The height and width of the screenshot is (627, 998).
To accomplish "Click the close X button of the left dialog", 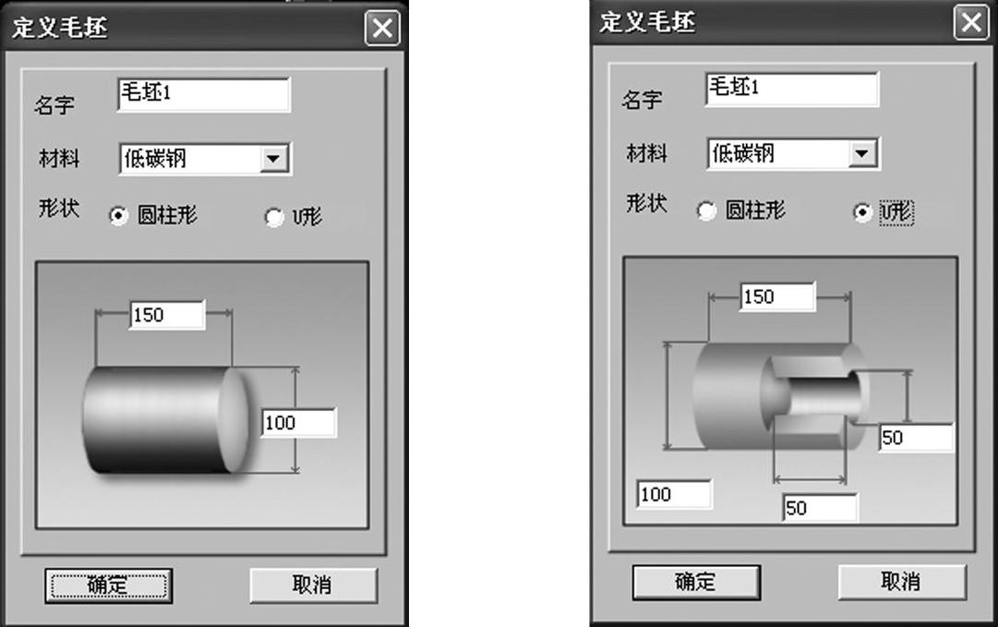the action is click(x=382, y=28).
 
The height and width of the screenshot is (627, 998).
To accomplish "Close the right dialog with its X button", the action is click(x=970, y=23).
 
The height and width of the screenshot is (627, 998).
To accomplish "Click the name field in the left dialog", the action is click(x=204, y=94).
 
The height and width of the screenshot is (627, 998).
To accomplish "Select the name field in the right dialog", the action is click(x=792, y=89).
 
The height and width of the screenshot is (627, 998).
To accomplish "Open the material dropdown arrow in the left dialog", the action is click(x=273, y=159).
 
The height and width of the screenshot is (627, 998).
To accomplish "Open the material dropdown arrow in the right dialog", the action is click(x=862, y=153).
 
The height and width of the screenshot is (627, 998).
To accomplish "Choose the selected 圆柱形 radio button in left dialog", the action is click(x=118, y=216).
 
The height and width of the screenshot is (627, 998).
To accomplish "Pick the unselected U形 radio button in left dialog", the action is click(x=274, y=217).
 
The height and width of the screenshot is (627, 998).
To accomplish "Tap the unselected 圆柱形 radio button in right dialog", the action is click(x=706, y=211).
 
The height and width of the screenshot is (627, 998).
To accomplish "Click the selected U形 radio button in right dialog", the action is click(x=862, y=212).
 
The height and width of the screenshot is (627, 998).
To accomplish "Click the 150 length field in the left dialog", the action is click(x=167, y=315).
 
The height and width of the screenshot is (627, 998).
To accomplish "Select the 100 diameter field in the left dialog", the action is click(x=299, y=423).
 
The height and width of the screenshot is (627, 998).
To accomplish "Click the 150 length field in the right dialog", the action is click(x=777, y=296).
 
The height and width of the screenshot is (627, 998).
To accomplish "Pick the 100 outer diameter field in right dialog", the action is click(x=674, y=495).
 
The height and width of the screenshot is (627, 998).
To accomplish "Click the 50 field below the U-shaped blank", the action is click(x=821, y=508).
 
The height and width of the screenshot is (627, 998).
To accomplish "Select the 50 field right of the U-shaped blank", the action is click(x=917, y=438).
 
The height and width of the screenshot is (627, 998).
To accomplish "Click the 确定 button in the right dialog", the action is click(x=696, y=582).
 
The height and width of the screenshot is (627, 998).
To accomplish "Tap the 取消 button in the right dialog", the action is click(x=902, y=581).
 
